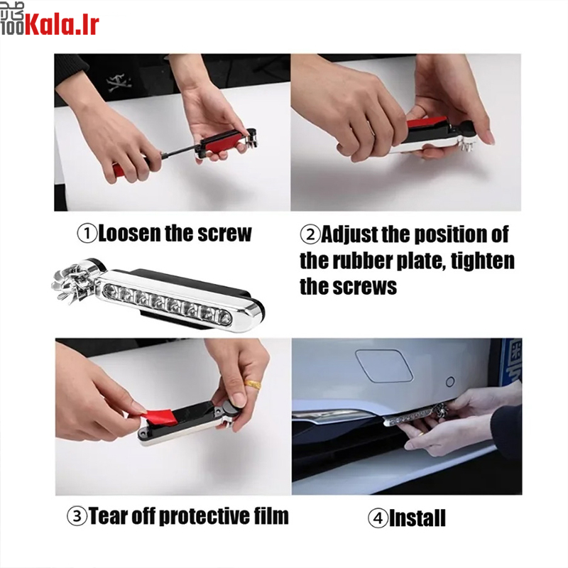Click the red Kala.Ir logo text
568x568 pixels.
coord(62,25)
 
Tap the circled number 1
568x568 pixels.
coord(87,234)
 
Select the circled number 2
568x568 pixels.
coord(310,234)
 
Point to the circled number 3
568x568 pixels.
coord(77,516)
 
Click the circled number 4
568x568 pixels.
coord(378,518)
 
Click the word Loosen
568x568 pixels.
coord(129,233)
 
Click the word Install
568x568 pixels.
coord(417,518)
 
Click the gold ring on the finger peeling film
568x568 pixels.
coord(253,384)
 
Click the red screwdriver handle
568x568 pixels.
coord(121,168)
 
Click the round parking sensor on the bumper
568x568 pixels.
coord(450,381)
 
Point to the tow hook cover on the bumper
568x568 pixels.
coord(383,365)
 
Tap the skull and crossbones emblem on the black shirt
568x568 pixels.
coord(119,82)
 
